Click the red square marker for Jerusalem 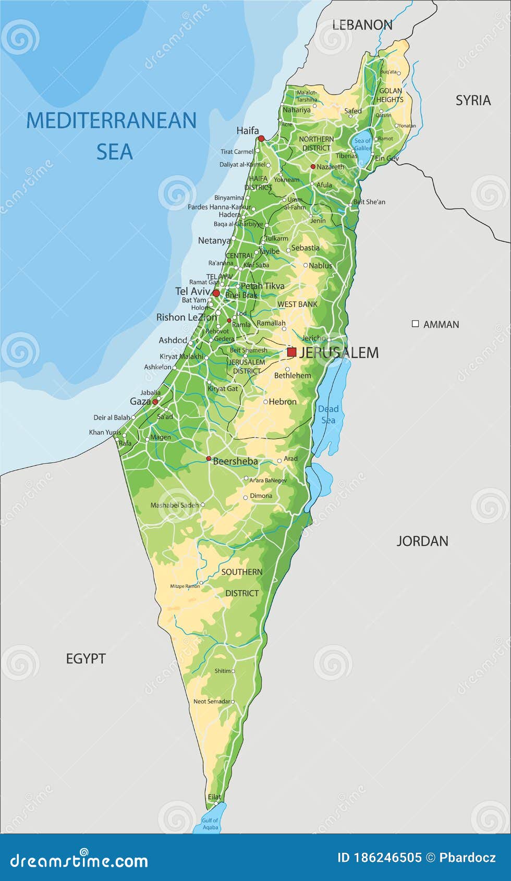click(291, 352)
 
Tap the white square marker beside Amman click(415, 324)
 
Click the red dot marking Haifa click(261, 138)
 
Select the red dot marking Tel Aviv click(216, 293)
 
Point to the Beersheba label click(235, 461)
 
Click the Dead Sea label click(328, 414)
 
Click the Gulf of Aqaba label click(210, 824)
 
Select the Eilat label click(214, 797)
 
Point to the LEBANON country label click(362, 25)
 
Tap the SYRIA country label click(473, 100)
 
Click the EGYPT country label click(86, 658)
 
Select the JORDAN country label click(422, 541)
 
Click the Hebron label click(283, 401)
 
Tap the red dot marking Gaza click(155, 402)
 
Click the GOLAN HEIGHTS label click(390, 95)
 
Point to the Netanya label click(214, 240)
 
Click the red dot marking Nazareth click(313, 167)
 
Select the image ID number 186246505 click(387, 858)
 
